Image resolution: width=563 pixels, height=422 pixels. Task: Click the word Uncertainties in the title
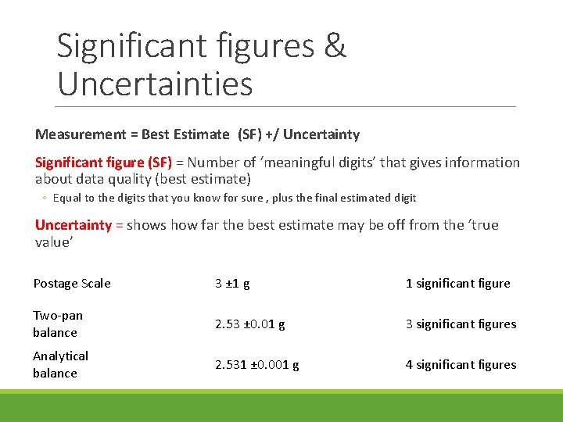click(x=155, y=83)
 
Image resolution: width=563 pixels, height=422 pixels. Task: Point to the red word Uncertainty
click(x=74, y=225)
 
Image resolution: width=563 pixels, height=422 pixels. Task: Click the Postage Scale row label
click(x=72, y=284)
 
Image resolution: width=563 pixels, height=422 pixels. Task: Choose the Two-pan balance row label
click(x=57, y=324)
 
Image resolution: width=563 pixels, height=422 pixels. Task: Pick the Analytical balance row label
click(x=60, y=364)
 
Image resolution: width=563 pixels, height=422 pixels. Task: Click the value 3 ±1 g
click(x=232, y=284)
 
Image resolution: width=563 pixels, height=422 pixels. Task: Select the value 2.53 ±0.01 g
click(x=250, y=324)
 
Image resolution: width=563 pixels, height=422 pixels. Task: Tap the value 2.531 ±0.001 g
click(x=257, y=365)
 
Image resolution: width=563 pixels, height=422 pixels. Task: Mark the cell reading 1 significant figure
click(x=457, y=284)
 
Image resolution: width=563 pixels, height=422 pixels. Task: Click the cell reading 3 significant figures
click(x=461, y=324)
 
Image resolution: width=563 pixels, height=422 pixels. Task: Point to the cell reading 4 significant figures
click(x=461, y=365)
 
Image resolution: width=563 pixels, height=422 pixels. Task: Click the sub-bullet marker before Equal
click(x=46, y=198)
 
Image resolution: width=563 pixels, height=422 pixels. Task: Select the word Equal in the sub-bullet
click(x=67, y=198)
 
